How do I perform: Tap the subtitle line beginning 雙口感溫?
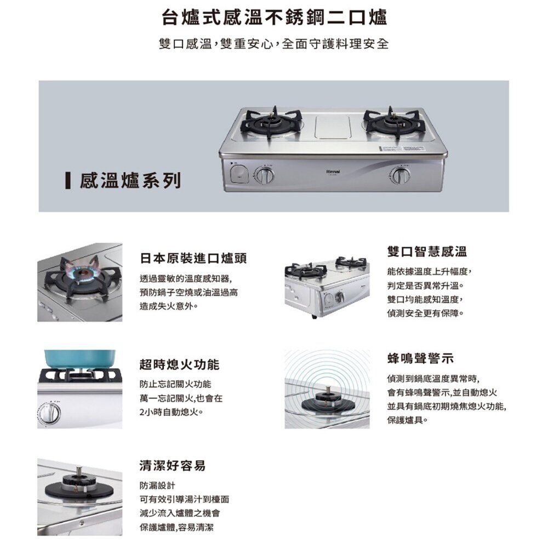tap(274, 44)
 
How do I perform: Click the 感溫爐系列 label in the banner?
tap(130, 180)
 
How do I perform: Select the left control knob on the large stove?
tap(266, 176)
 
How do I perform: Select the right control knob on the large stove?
tap(402, 176)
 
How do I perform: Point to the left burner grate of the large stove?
tap(272, 122)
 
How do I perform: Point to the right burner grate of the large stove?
tap(392, 122)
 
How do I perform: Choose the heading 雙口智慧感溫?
tap(426, 252)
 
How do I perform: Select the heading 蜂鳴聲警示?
tap(420, 358)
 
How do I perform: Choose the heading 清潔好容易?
tap(173, 466)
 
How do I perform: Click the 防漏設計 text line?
tap(157, 486)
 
